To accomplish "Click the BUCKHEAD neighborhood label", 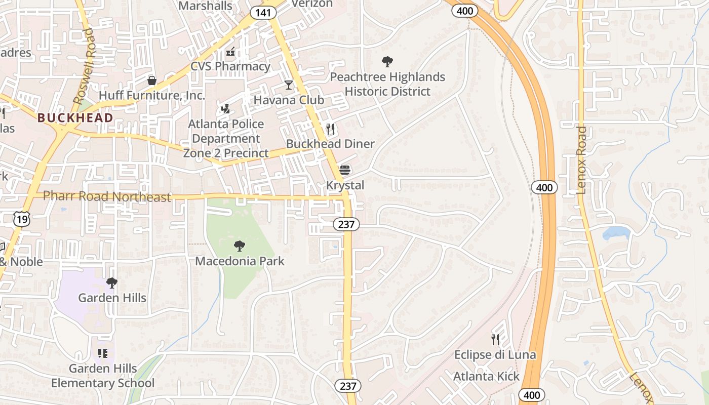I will pyautogui.click(x=75, y=118).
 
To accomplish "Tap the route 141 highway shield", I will pyautogui.click(x=263, y=13).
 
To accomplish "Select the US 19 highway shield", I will pyautogui.click(x=22, y=219).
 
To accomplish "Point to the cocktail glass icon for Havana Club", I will pyautogui.click(x=289, y=85).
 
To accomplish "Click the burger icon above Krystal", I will pyautogui.click(x=345, y=170).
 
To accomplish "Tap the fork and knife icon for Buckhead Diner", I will pyautogui.click(x=330, y=129).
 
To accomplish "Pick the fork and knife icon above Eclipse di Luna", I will pyautogui.click(x=495, y=339).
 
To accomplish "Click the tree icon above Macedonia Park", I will pyautogui.click(x=240, y=247).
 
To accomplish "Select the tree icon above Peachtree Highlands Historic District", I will pyautogui.click(x=387, y=62).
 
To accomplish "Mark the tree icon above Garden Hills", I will pyautogui.click(x=112, y=283).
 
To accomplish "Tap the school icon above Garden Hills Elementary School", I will pyautogui.click(x=103, y=353).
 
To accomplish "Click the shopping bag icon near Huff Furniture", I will pyautogui.click(x=151, y=80).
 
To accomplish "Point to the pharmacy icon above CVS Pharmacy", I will pyautogui.click(x=230, y=52).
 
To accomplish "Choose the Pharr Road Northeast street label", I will pyautogui.click(x=107, y=196).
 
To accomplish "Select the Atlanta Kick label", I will pyautogui.click(x=486, y=376).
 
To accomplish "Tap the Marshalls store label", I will pyautogui.click(x=206, y=6).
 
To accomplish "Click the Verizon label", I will pyautogui.click(x=312, y=4).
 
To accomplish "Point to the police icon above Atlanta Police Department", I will pyautogui.click(x=226, y=109).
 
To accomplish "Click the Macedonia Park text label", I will pyautogui.click(x=240, y=261).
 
